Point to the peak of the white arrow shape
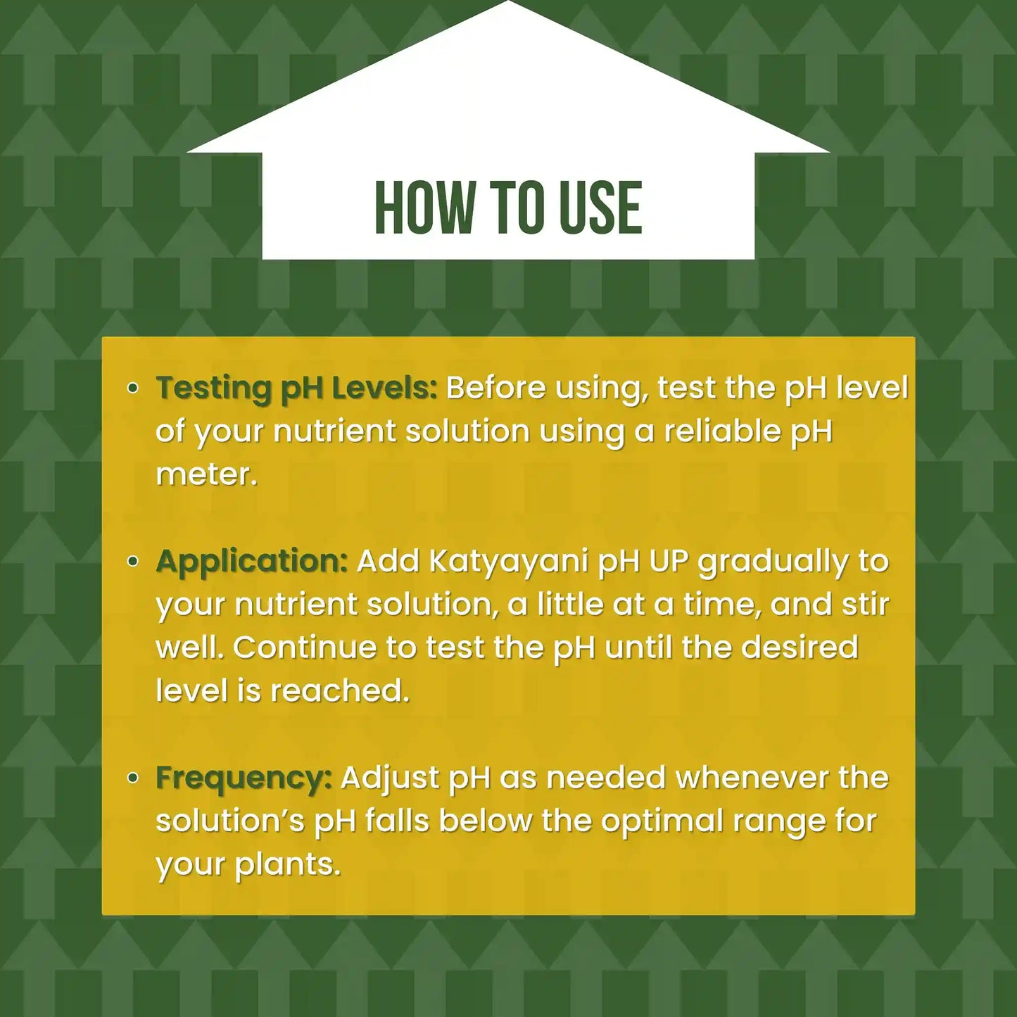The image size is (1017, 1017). (x=508, y=4)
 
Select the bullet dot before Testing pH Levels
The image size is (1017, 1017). (x=133, y=388)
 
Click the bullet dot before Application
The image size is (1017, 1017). (x=133, y=561)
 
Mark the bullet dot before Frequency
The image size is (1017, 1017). (x=133, y=778)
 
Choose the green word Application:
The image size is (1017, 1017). (x=252, y=562)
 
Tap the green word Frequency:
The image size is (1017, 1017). (x=244, y=778)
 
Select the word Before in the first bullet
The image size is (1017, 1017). (x=495, y=388)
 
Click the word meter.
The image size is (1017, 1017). (x=206, y=474)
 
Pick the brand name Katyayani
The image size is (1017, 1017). (x=508, y=562)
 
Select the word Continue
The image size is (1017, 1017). (x=304, y=648)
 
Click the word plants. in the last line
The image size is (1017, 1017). (x=287, y=865)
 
